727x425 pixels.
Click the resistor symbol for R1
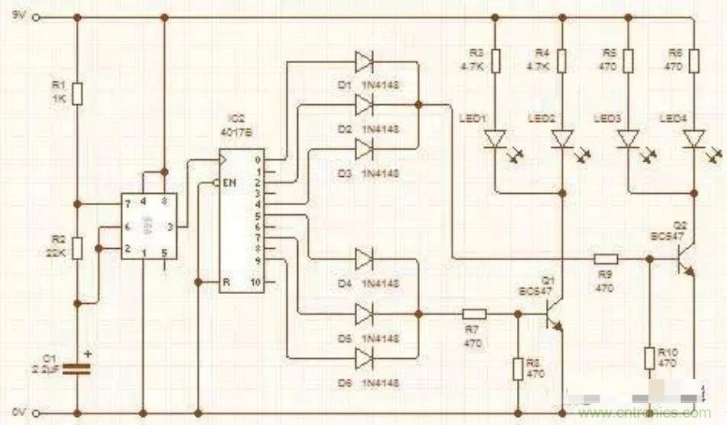tap(77, 94)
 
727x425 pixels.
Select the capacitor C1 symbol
tap(77, 368)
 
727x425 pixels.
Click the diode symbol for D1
tap(364, 61)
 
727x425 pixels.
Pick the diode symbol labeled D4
tap(364, 259)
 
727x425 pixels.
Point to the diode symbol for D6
tap(364, 356)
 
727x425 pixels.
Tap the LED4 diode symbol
tap(693, 141)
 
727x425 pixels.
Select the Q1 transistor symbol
tap(553, 312)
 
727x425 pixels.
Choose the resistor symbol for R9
tap(606, 259)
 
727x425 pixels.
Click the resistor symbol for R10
tap(649, 358)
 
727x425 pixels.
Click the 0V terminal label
tap(17, 414)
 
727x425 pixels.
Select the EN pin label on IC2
tap(230, 183)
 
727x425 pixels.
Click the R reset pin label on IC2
tap(228, 281)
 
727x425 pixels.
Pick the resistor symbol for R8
tap(519, 368)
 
